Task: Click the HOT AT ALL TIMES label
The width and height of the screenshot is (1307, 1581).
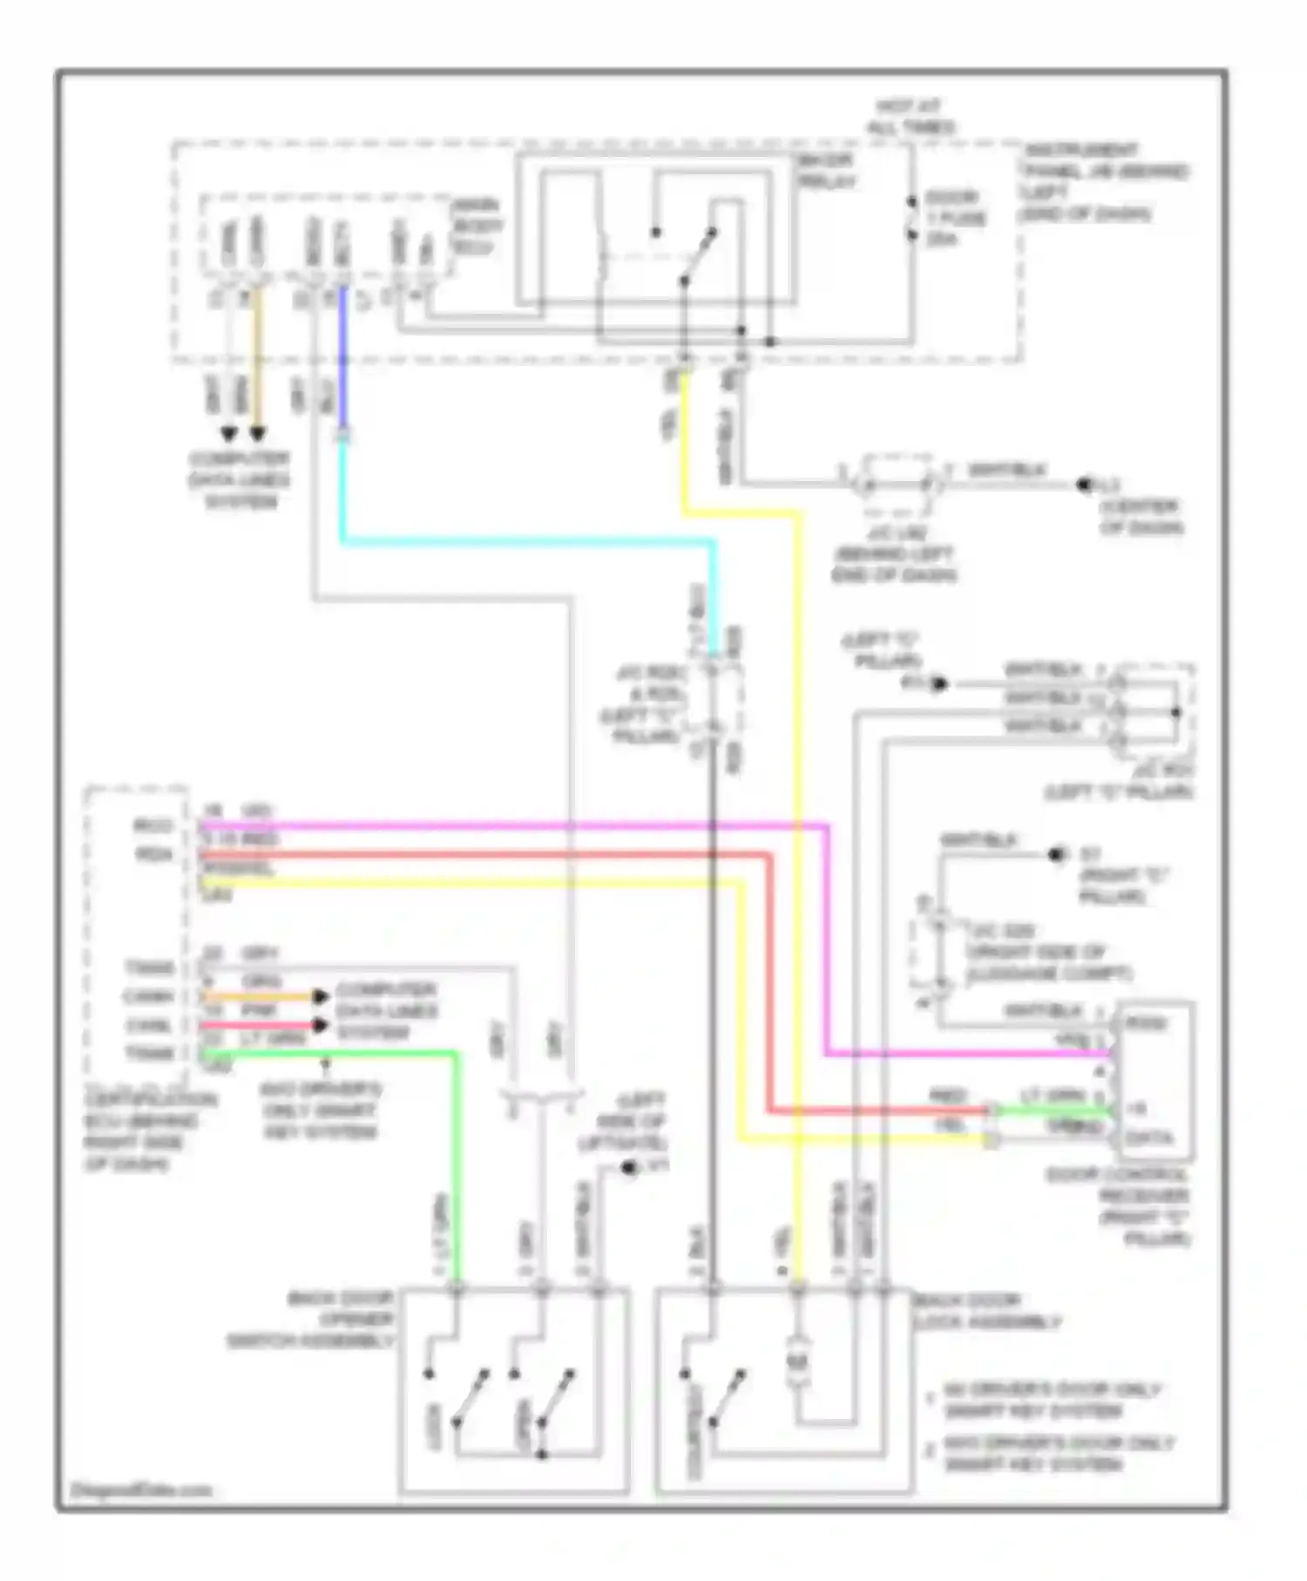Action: coord(910,117)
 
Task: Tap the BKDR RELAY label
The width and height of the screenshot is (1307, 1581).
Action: coord(826,171)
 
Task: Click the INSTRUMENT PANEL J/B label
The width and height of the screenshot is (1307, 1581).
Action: coord(1105,181)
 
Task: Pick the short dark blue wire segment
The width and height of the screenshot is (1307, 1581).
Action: coord(342,357)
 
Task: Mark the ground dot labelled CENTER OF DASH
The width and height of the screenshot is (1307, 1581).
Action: coord(1085,485)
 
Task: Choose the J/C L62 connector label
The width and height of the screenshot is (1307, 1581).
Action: coord(894,553)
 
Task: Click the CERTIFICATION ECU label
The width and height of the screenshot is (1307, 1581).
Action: coord(139,1131)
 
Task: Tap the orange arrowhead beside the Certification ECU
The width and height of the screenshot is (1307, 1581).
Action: coord(321,996)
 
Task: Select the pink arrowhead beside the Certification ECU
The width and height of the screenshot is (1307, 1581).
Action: coord(321,1025)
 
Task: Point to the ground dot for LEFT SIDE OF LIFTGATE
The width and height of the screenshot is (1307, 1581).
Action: coord(628,1167)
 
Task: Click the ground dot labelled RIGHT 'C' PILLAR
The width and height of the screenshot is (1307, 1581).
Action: coord(1057,854)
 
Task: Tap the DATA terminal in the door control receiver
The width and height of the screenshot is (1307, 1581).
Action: coord(1148,1138)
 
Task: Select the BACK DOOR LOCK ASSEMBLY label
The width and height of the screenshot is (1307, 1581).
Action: coord(986,1312)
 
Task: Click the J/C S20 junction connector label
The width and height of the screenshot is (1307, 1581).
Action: coord(1046,952)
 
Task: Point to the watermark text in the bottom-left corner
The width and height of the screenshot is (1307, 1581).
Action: coord(140,1489)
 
